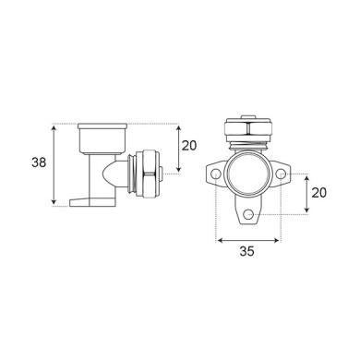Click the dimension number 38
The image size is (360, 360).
coord(39,162)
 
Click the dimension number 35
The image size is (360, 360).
coord(247,251)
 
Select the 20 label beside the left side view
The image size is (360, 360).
coord(188,146)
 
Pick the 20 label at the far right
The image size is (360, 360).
coord(318,193)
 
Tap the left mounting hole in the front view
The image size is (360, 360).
coord(215,174)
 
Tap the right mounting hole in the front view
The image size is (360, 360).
coord(280,174)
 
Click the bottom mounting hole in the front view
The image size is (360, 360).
coord(247,214)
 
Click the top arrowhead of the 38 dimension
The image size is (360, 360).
coord(54,127)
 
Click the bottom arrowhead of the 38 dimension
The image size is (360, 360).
coord(54,202)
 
